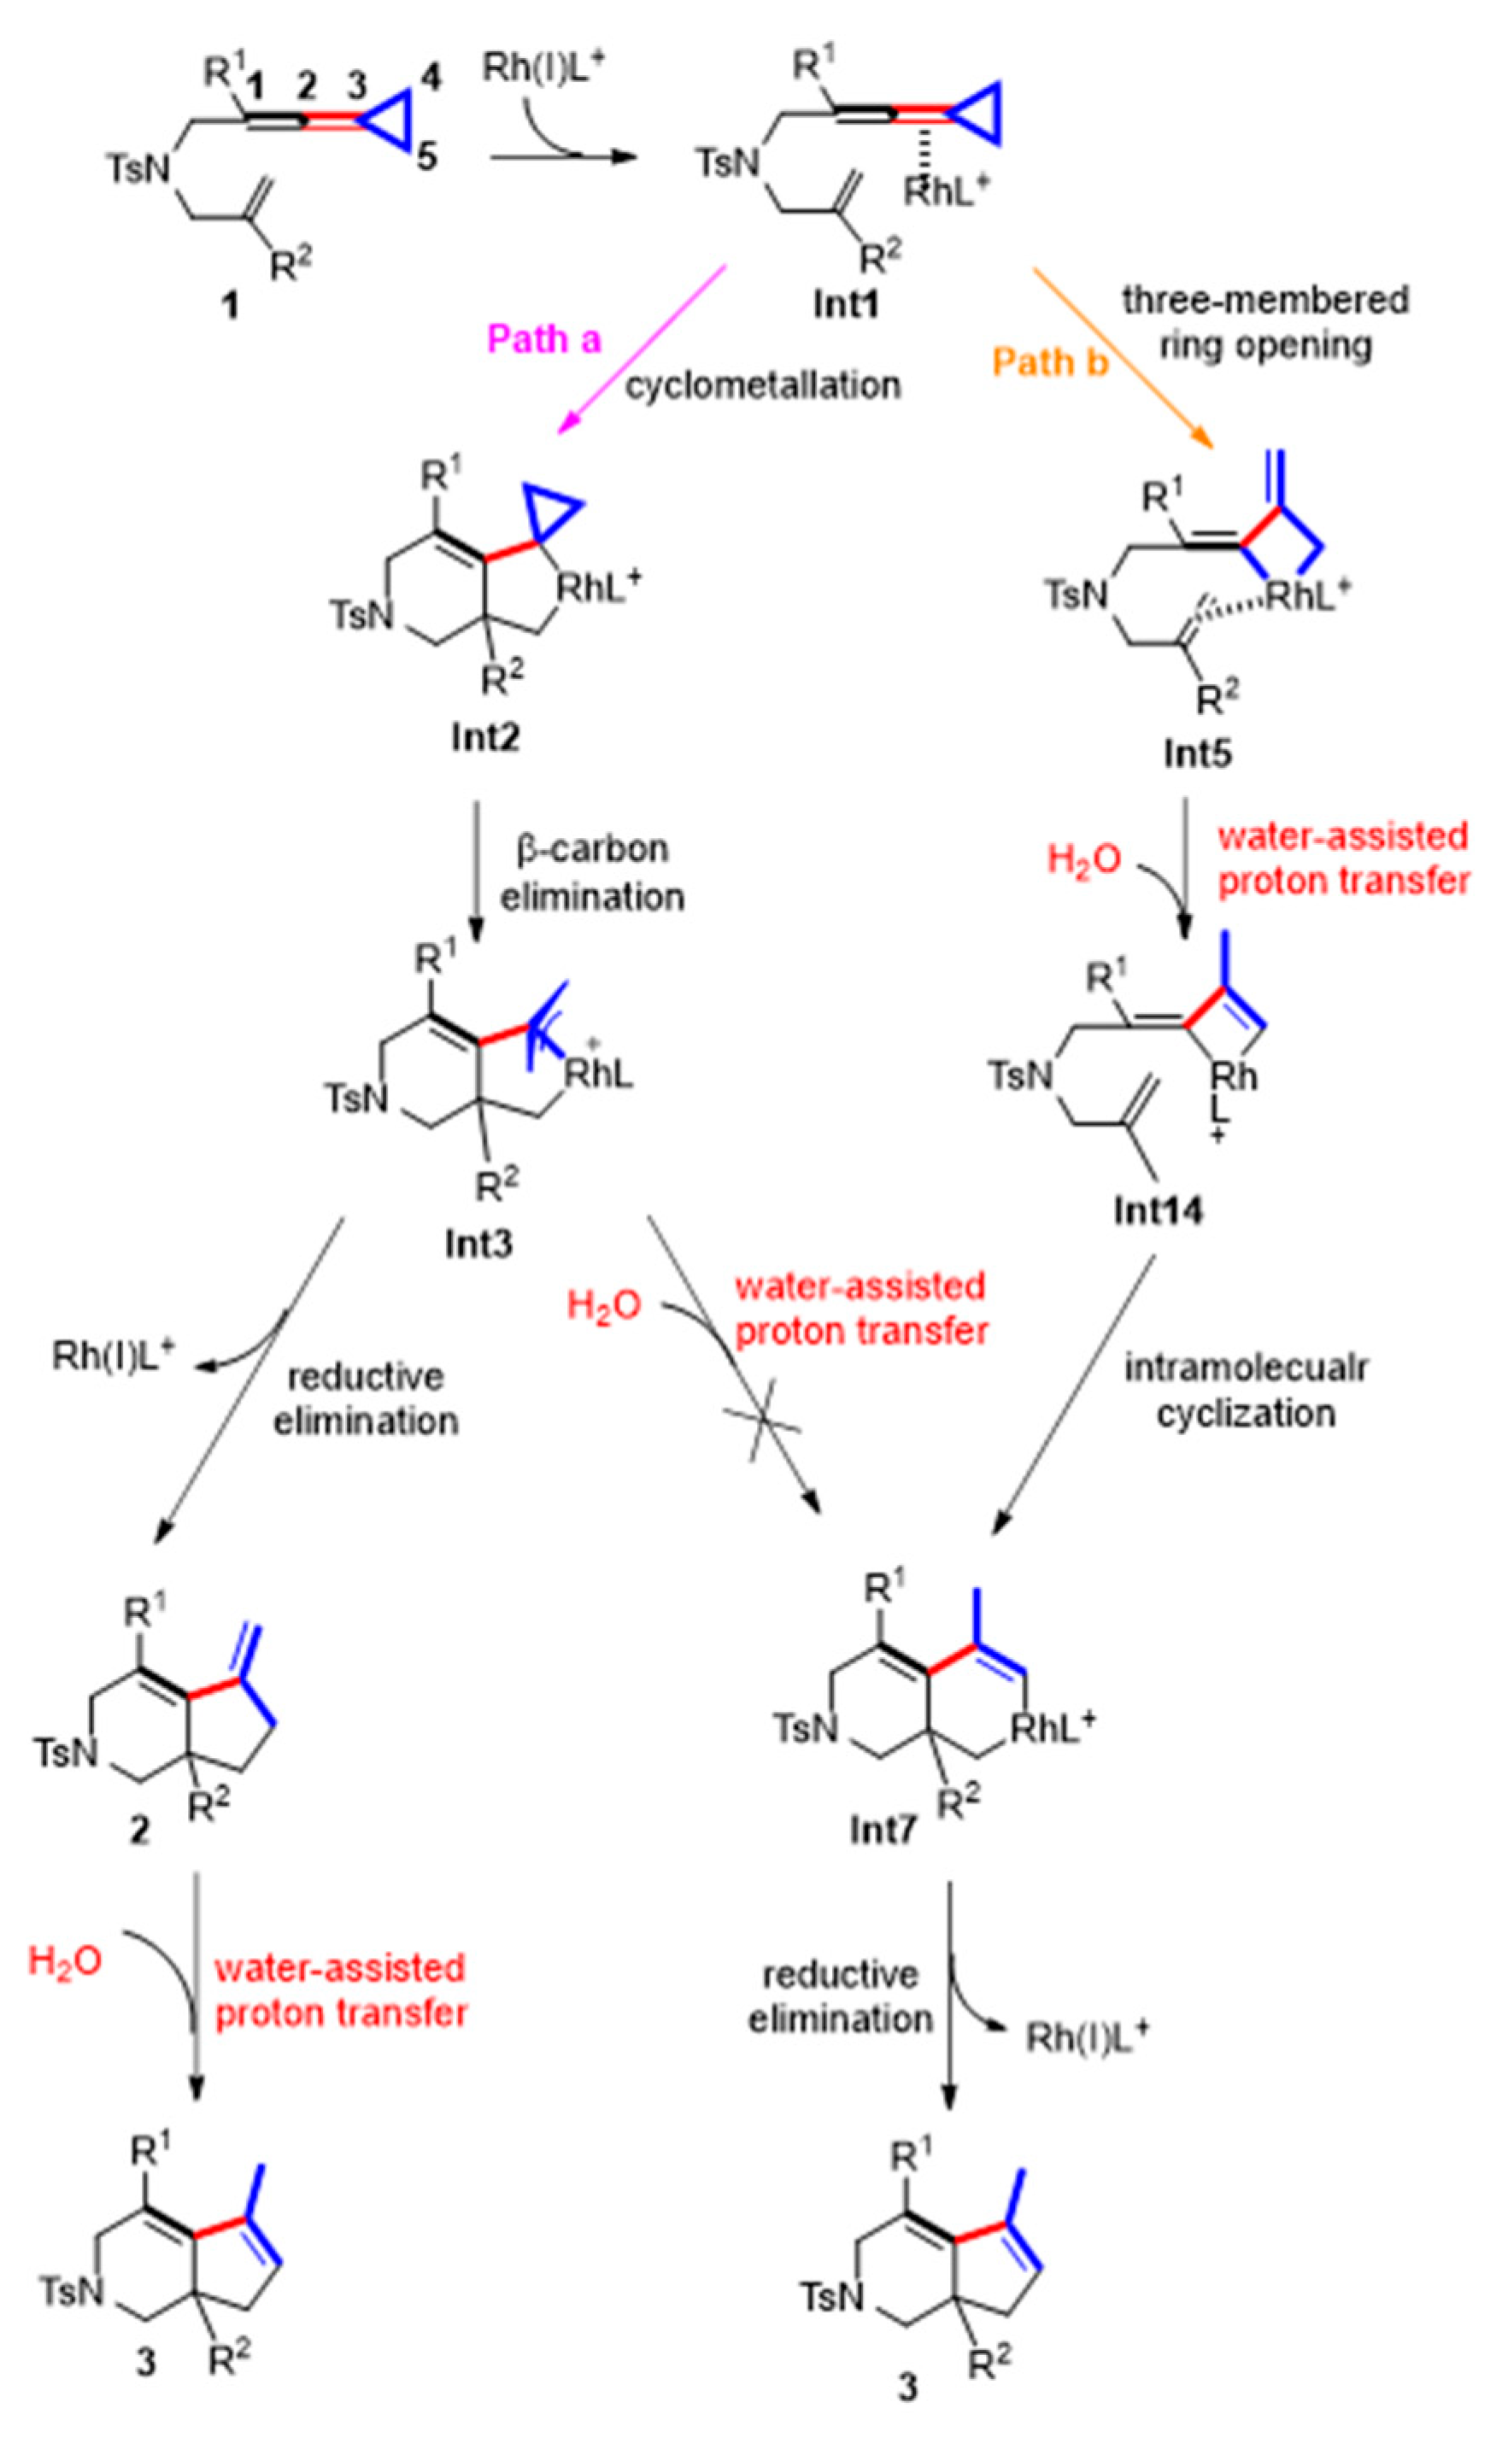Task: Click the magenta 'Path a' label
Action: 543,340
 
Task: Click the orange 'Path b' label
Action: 1050,361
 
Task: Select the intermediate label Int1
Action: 845,302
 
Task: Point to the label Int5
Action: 1198,753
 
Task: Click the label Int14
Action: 1159,1210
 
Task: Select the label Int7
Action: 883,1830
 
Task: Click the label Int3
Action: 478,1244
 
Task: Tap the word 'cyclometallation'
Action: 763,384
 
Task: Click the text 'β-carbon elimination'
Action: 591,872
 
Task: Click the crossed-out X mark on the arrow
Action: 762,1419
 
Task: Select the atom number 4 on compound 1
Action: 431,77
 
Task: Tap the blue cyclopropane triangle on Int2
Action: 551,512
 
